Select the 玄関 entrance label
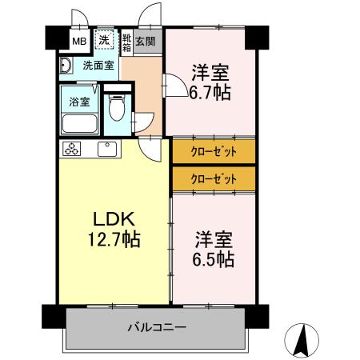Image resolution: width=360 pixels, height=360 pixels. click(x=145, y=41)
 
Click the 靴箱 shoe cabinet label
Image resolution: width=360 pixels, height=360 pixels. click(x=126, y=42)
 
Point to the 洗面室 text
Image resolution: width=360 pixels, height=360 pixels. click(x=98, y=66)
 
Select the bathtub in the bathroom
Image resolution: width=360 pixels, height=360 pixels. click(x=78, y=124)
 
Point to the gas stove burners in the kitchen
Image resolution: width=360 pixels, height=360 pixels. click(x=72, y=149)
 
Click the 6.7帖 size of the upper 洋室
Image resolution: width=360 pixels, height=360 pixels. click(x=210, y=94)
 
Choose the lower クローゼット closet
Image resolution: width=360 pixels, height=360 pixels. click(x=214, y=178)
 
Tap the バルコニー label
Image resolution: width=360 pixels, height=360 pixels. click(x=157, y=327)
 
